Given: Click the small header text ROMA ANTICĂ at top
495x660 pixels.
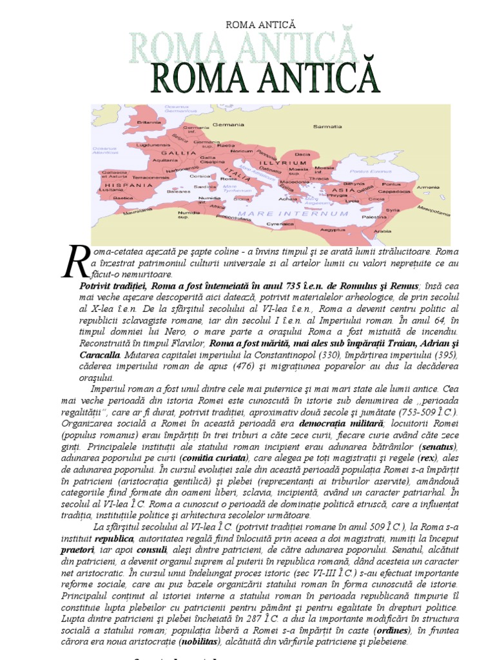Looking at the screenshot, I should tap(260, 24).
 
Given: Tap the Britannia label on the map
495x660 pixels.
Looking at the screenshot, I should tap(149, 122).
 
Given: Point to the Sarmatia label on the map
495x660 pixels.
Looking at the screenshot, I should tap(327, 126).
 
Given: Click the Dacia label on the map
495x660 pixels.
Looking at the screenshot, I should tap(302, 155).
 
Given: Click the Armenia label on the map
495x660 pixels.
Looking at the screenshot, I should tap(428, 187).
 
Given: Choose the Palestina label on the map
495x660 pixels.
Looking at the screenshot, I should tap(374, 218).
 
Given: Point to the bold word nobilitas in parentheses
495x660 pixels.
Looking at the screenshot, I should tap(198, 642).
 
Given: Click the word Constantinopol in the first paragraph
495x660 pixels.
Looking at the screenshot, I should tap(247, 355).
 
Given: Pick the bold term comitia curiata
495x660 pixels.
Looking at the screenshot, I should tap(213, 458).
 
